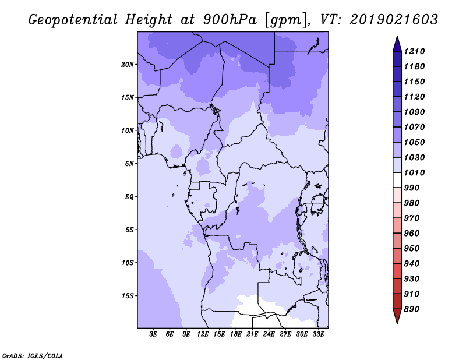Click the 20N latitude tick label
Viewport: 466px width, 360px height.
coord(128,64)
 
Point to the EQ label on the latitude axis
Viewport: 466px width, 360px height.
coord(129,196)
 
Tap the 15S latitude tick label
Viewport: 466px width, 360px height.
coord(128,295)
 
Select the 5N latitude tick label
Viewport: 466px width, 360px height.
coord(129,163)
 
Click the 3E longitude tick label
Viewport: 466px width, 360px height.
coord(153,334)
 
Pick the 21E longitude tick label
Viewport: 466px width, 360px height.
coord(252,334)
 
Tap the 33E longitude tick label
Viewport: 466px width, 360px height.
coord(318,334)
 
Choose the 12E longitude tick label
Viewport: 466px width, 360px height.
coord(202,334)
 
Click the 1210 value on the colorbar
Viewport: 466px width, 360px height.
coord(414,51)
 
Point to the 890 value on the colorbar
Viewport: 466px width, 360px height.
coord(412,309)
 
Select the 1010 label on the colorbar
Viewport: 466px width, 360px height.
coord(414,172)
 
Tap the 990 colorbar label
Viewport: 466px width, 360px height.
coord(412,188)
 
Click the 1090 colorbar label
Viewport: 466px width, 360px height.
coord(414,112)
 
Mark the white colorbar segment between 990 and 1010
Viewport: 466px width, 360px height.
coord(397,180)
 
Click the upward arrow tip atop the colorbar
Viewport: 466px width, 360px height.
coord(397,36)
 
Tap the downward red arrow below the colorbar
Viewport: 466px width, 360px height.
coord(397,316)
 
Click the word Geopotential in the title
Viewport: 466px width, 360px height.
coord(73,20)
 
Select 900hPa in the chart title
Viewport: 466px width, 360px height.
coord(230,20)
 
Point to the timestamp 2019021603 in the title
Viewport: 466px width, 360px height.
coord(394,19)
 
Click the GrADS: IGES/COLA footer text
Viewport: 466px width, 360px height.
coord(33,355)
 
